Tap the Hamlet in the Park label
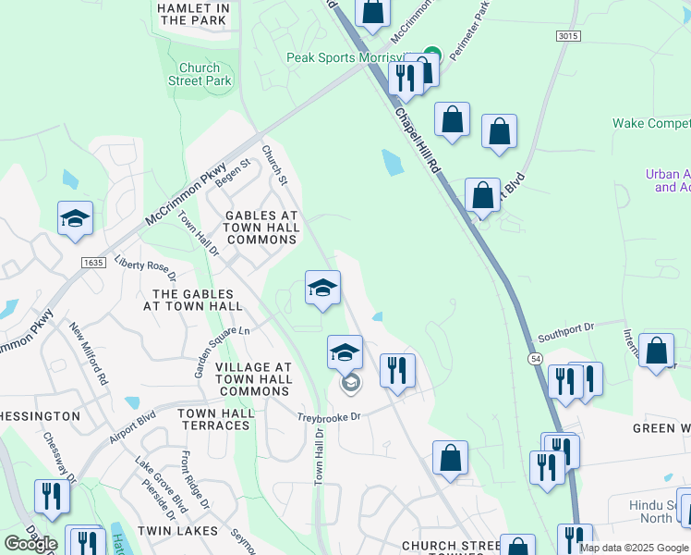[x=192, y=13]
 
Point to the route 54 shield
[x=536, y=358]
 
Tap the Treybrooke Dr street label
[x=328, y=416]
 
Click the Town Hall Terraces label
[x=213, y=419]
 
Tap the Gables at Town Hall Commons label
[x=262, y=228]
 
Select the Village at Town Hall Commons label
[x=253, y=379]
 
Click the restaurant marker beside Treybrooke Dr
[x=397, y=371]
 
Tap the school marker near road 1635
[x=75, y=218]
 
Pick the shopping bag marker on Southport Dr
[x=656, y=351]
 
